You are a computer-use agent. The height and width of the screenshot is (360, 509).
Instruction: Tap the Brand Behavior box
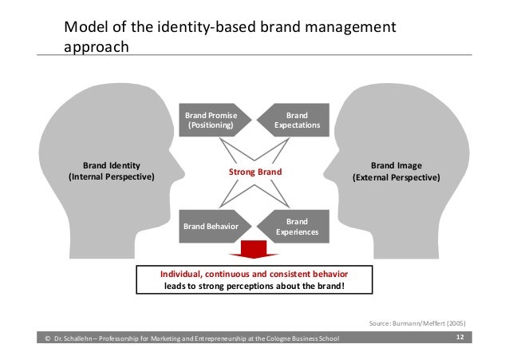[211, 226]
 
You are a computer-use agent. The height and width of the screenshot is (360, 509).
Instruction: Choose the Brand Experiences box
[297, 226]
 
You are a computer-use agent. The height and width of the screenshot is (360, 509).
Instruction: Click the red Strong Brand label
[255, 172]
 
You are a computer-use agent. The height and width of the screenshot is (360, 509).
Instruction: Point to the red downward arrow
[254, 249]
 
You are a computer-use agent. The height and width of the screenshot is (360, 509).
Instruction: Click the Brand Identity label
[112, 166]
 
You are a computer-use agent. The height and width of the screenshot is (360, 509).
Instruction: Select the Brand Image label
[397, 166]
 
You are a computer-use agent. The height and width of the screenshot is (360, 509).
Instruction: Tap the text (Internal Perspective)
[112, 176]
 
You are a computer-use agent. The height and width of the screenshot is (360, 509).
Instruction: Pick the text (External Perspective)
[397, 176]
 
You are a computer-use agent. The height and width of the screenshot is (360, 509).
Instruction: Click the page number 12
[460, 338]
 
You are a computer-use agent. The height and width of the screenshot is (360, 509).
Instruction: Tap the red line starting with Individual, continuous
[254, 272]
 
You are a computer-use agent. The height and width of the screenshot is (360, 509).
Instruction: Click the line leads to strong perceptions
[254, 284]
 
